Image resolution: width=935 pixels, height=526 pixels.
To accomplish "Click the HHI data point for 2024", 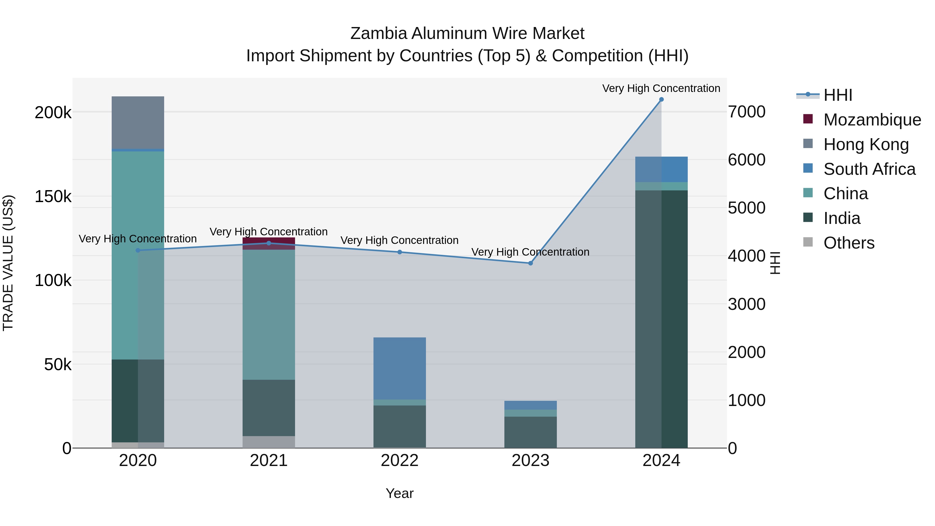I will [x=661, y=99].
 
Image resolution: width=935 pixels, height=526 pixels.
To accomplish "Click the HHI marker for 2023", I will [x=530, y=263].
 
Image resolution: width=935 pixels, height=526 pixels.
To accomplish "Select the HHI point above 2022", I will [x=400, y=252].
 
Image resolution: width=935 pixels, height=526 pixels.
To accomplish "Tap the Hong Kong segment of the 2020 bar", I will [x=138, y=122].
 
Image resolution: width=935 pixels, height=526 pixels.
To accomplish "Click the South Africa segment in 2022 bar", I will [x=400, y=368].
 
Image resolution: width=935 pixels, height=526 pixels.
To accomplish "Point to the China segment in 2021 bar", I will [x=269, y=314].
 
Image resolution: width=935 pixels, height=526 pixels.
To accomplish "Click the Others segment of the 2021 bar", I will [x=269, y=442].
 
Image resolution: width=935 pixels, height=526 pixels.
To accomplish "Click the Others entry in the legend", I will [x=849, y=243].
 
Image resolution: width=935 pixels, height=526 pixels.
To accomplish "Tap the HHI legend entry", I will [x=837, y=95].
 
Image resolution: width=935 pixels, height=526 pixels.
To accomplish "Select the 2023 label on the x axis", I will [x=530, y=461].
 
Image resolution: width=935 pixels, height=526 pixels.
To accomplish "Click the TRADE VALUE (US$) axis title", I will [x=8, y=263].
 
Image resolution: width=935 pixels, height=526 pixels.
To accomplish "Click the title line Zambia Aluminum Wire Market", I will [x=467, y=34].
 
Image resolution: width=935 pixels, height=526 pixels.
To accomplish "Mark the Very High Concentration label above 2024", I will [x=661, y=88].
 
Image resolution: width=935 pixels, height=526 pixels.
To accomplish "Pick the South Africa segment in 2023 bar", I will [x=530, y=405].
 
